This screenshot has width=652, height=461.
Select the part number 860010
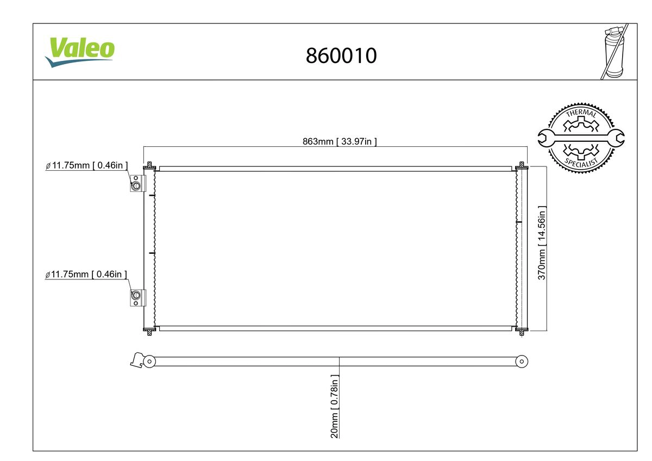pos(341,55)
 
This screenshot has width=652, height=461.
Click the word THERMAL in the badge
pos(581,114)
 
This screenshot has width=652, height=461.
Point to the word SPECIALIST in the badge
pos(581,162)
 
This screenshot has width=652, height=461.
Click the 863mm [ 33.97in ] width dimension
pos(340,142)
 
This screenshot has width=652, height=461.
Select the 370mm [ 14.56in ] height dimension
pos(542,242)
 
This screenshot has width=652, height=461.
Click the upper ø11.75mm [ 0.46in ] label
pos(87,166)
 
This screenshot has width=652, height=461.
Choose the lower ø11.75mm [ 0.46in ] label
pos(87,275)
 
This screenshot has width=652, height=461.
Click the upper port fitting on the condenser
pos(136,186)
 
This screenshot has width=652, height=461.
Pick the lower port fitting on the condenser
pos(136,296)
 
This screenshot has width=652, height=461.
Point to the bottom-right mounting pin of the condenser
pos(522,331)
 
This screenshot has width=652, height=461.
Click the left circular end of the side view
pos(149,361)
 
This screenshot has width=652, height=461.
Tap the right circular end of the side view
pos(522,361)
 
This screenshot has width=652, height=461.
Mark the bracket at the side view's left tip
pos(136,360)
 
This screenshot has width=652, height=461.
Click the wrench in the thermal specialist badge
pos(581,138)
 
